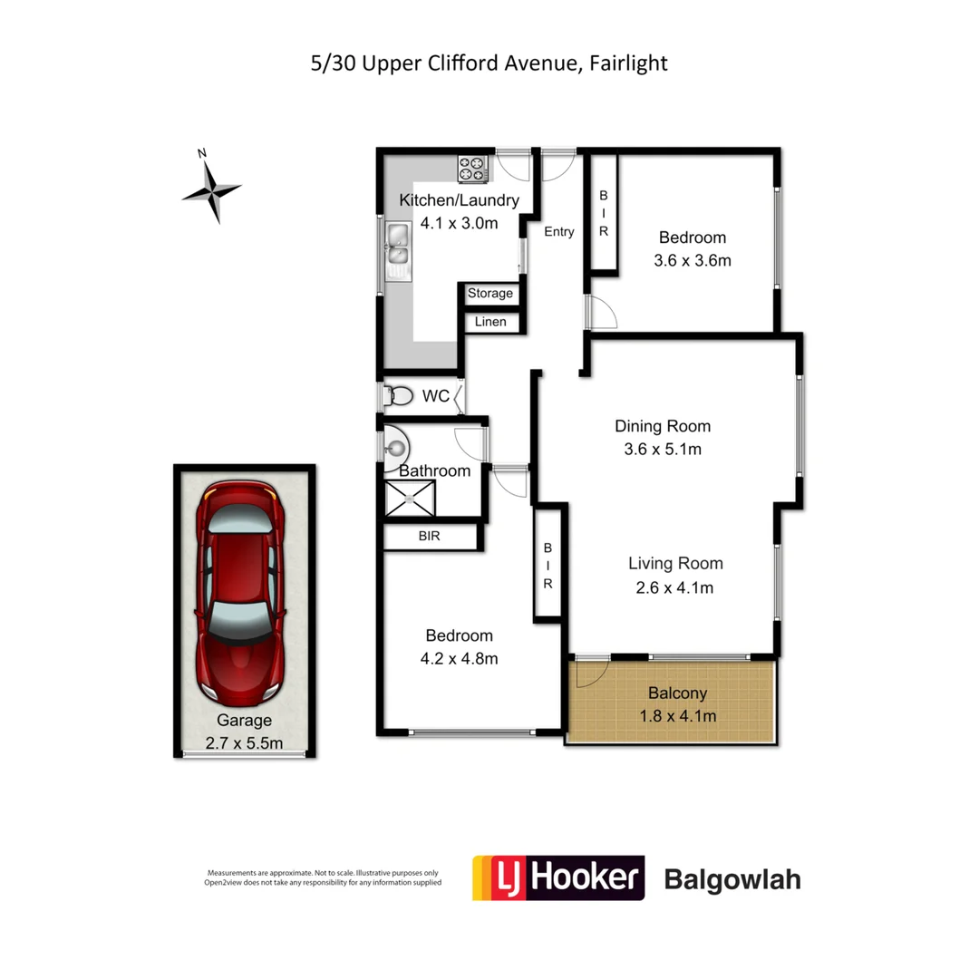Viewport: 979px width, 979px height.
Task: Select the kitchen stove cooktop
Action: pos(472,168)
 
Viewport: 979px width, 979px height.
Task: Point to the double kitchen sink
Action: pos(398,248)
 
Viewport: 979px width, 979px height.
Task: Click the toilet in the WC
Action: pos(398,396)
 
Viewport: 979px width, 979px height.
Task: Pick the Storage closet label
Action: pos(490,294)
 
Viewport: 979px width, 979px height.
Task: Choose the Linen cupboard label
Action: pos(490,322)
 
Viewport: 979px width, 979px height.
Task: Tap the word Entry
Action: pos(558,232)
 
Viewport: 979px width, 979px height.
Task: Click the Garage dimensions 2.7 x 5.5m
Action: pos(244,744)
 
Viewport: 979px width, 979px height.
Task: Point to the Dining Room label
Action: pos(663,426)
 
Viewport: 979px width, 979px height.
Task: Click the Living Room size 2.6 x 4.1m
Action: pos(675,587)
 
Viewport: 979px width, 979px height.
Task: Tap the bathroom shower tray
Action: pos(410,498)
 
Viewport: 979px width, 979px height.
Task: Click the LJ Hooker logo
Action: pos(557,877)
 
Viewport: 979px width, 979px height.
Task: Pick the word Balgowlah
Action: pos(732,879)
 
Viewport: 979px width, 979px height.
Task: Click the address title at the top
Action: pos(489,63)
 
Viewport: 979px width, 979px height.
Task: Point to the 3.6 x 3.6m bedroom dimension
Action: pos(693,260)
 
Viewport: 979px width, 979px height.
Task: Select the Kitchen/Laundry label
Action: pos(459,201)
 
